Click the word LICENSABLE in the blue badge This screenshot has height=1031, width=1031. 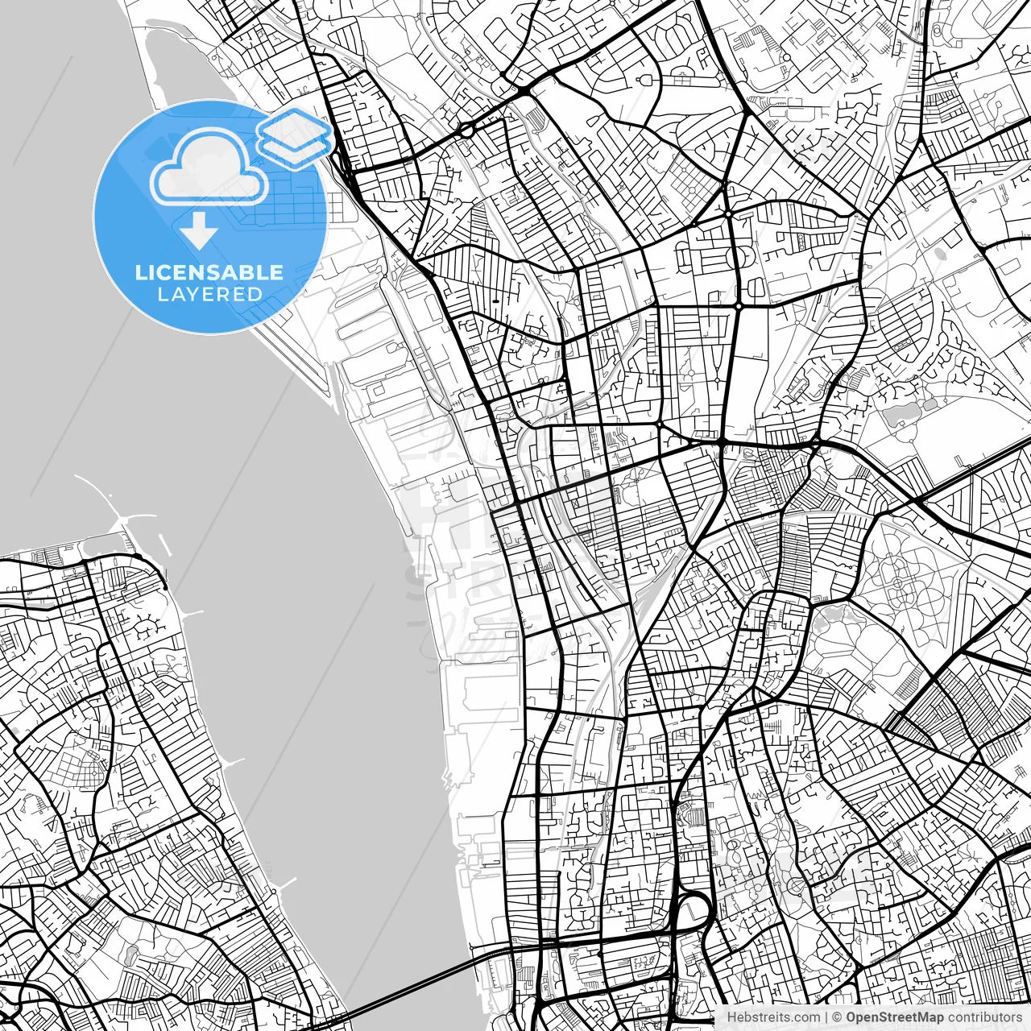pos(209,272)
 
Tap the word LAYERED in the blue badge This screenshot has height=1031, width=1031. pos(209,294)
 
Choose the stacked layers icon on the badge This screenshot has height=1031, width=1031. pos(295,137)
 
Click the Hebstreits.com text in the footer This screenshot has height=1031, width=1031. pos(773,1017)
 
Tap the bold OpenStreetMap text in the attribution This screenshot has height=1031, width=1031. pos(893,1017)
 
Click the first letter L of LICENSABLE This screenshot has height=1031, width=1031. pos(139,272)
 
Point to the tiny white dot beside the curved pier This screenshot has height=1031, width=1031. pos(165,587)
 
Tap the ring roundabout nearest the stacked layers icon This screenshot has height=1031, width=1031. pos(466,130)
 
